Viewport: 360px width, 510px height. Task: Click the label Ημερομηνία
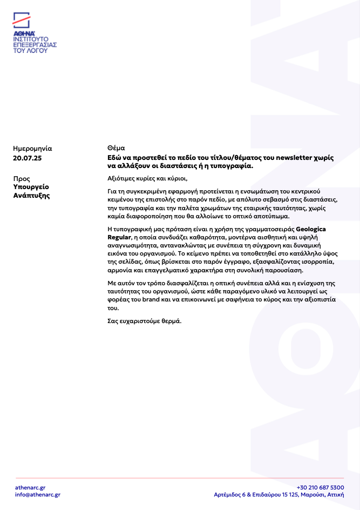coord(32,148)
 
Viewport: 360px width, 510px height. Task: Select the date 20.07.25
coord(27,158)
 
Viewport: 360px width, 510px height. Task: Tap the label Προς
coord(22,178)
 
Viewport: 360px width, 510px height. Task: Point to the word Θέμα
coord(116,148)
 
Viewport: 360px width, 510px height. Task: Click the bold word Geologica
coord(311,229)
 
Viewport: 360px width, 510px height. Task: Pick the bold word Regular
coord(119,237)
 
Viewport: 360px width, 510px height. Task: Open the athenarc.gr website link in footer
coord(30,487)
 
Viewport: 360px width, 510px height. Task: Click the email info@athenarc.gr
coord(38,494)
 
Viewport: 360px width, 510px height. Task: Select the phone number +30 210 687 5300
coord(320,487)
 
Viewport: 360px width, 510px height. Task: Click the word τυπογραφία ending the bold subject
coord(231,166)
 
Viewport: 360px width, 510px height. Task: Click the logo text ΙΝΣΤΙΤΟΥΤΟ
coord(31,39)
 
